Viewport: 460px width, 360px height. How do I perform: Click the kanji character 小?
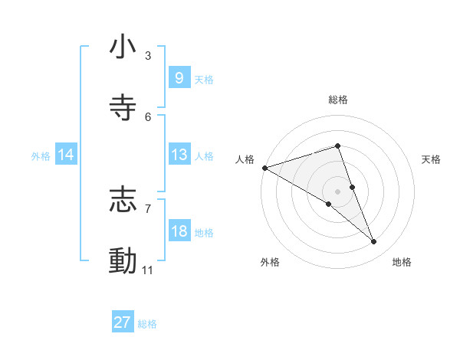pos(123,47)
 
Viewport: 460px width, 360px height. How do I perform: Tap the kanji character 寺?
pos(123,108)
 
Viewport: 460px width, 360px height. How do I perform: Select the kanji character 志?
pos(123,200)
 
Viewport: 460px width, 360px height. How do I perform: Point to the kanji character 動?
pos(123,261)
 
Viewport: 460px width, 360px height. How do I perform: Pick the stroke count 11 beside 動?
pos(149,270)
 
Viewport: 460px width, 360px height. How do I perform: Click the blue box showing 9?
pos(179,78)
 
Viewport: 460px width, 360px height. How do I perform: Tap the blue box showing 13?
pos(179,155)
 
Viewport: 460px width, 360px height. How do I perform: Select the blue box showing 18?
pos(179,231)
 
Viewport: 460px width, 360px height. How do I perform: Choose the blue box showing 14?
pos(65,155)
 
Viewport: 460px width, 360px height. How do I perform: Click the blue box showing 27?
pos(122,322)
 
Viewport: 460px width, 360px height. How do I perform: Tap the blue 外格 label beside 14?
pos(41,155)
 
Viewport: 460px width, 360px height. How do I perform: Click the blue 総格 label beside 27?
pos(147,324)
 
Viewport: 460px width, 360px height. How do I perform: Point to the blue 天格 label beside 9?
pos(204,79)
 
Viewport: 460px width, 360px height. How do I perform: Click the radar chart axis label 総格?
pos(338,100)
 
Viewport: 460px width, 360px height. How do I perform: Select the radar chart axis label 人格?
pos(245,159)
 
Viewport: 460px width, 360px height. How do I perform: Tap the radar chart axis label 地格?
pos(402,262)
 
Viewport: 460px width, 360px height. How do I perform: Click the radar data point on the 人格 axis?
pos(264,167)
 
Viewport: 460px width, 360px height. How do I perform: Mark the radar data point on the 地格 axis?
pos(374,242)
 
